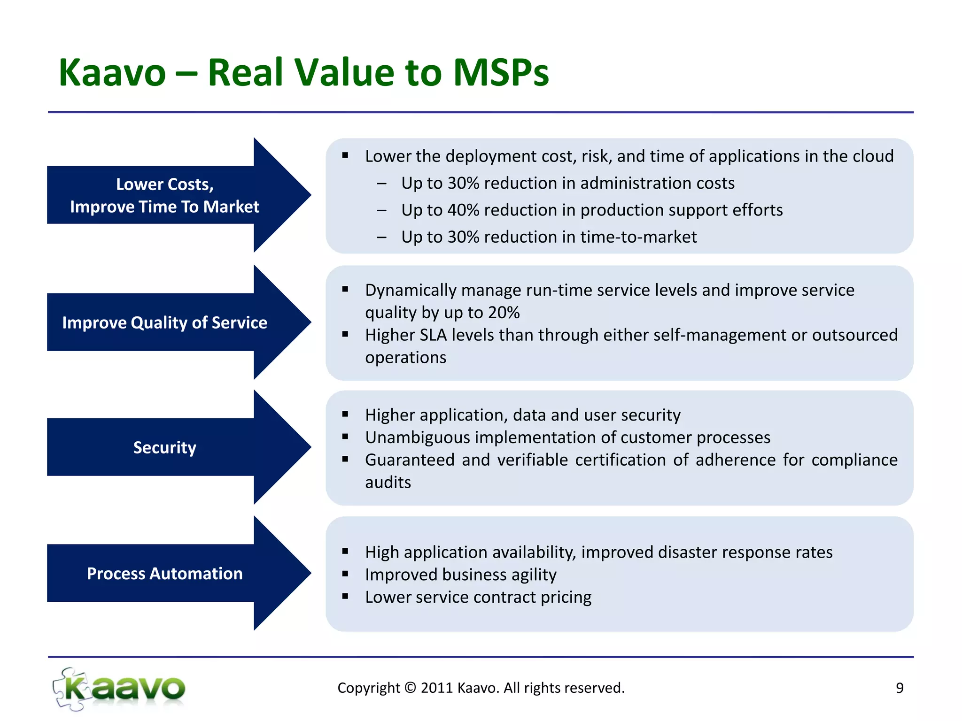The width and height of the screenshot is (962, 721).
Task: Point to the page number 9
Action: (x=899, y=688)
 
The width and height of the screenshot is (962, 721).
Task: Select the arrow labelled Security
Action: (x=164, y=447)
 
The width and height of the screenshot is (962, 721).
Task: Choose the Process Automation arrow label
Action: (x=164, y=574)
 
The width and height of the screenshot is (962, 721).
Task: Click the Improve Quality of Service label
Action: (x=164, y=323)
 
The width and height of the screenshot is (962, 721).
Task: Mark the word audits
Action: (x=388, y=483)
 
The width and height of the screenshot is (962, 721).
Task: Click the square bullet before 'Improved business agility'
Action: (x=345, y=574)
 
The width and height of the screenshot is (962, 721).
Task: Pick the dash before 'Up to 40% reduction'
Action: (x=381, y=210)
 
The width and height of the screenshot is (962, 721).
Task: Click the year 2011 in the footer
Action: (x=436, y=688)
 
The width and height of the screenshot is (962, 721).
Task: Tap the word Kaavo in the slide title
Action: (x=112, y=73)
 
